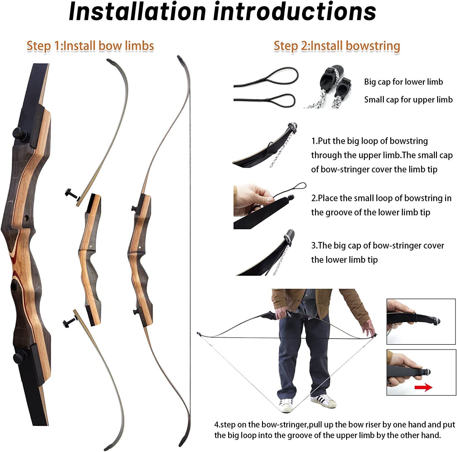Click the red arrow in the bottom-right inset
(423, 387)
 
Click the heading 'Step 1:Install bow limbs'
(90, 46)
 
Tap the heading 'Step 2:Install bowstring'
(337, 46)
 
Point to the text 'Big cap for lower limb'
(403, 82)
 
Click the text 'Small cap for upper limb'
(408, 100)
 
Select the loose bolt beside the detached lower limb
(70, 321)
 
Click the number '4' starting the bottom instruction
(217, 425)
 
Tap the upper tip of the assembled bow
(180, 57)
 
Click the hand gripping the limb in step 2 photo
(251, 200)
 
